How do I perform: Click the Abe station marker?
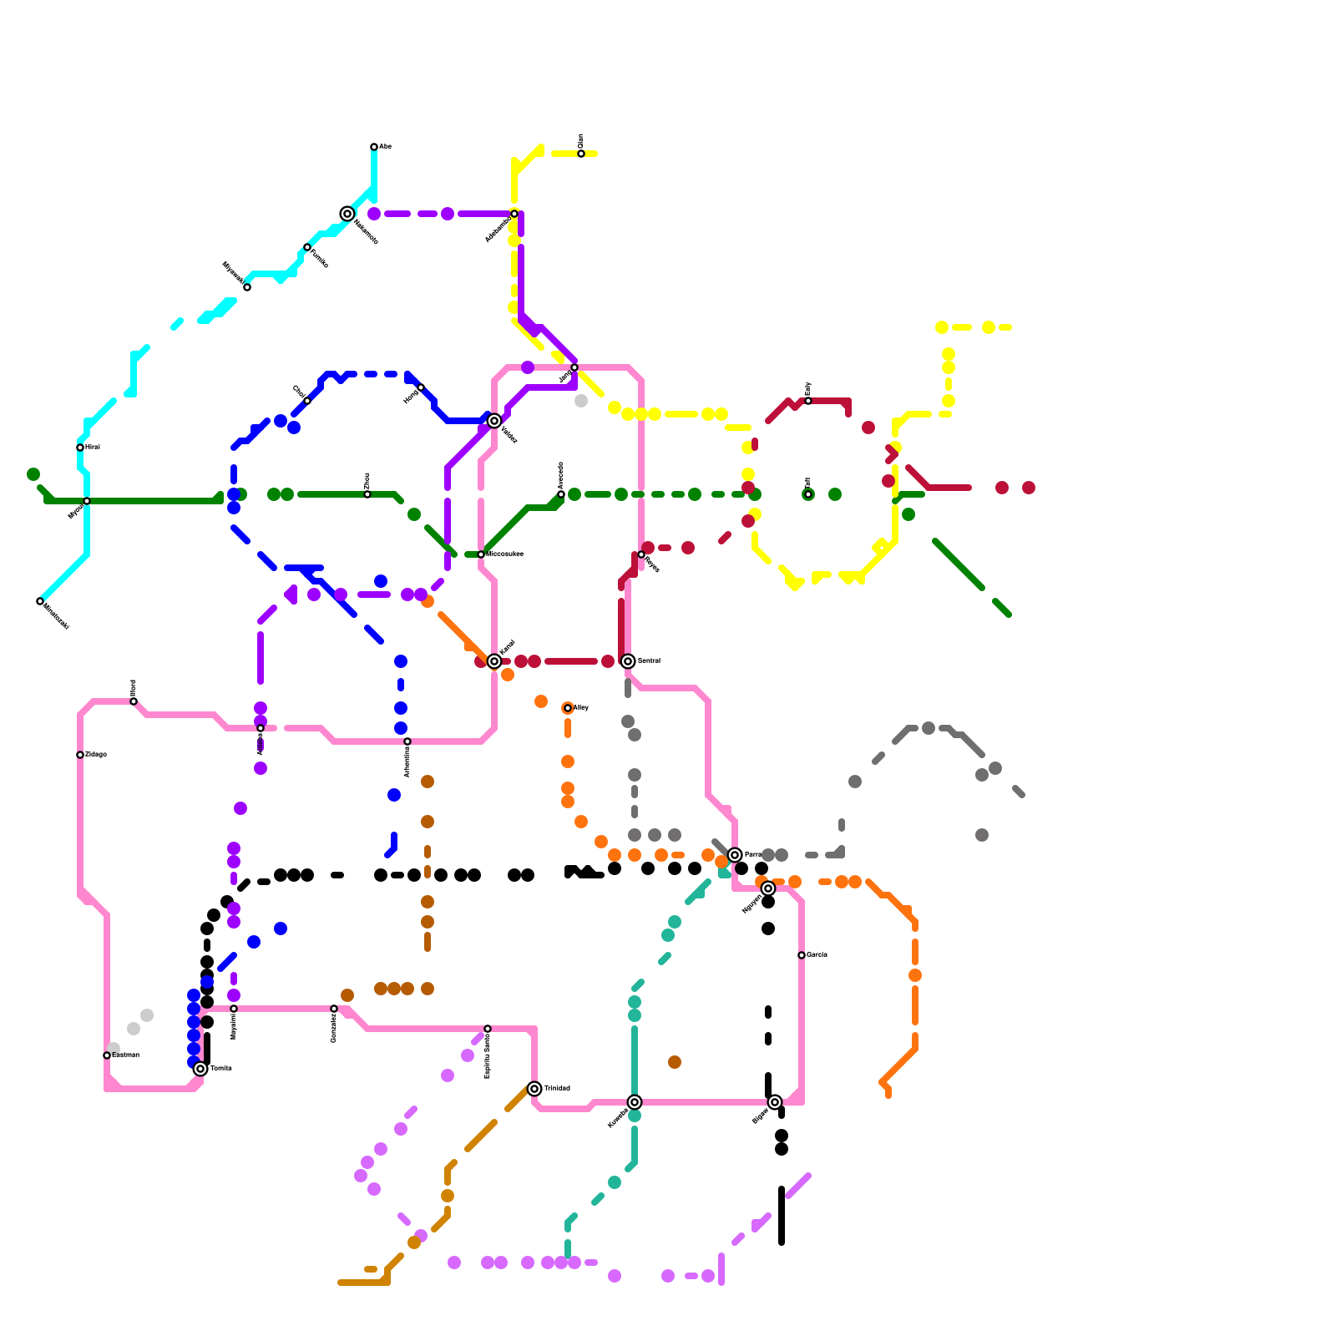(x=374, y=147)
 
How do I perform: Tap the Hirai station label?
(x=93, y=448)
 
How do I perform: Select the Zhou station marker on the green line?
(x=367, y=494)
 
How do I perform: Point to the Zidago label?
(x=96, y=755)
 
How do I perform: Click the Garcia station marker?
(x=802, y=955)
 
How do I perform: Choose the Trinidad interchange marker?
(x=534, y=1089)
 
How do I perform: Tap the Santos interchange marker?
(x=628, y=661)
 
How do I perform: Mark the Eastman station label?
(x=125, y=1055)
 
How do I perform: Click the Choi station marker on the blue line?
(x=307, y=401)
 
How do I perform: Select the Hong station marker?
(x=421, y=387)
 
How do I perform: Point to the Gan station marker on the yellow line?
(x=581, y=154)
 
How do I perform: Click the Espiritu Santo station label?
(x=488, y=1056)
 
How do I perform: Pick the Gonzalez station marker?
(x=334, y=1009)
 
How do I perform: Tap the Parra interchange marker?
(x=735, y=855)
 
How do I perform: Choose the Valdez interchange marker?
(x=494, y=421)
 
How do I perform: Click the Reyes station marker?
(x=641, y=554)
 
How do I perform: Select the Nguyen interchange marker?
(x=768, y=888)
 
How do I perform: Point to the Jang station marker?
(x=574, y=367)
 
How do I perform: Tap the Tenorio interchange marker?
(x=200, y=1069)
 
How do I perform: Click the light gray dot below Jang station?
(x=581, y=401)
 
